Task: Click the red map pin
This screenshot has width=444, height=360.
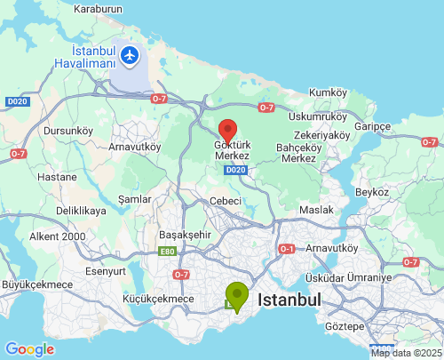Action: (227, 130)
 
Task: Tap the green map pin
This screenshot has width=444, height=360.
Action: (237, 294)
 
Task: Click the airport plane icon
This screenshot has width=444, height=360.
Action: (131, 55)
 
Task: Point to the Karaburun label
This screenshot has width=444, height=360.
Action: (97, 9)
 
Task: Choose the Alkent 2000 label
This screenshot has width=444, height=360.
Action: (58, 236)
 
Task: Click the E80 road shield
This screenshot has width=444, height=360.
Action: (169, 252)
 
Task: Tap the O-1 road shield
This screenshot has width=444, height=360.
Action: (286, 248)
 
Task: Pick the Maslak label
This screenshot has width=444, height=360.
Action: (316, 209)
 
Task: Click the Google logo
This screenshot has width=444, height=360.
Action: (29, 349)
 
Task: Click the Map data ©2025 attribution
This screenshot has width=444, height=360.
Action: (406, 353)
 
